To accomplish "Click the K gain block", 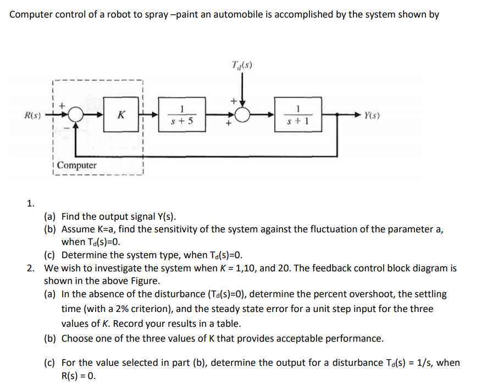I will click(x=120, y=115).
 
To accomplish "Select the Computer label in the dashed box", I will click(x=76, y=165).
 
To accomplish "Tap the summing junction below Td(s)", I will click(x=242, y=115).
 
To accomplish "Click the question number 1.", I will click(x=31, y=203).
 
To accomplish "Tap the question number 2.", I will click(x=31, y=269).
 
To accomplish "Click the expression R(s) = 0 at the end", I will click(x=79, y=377).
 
